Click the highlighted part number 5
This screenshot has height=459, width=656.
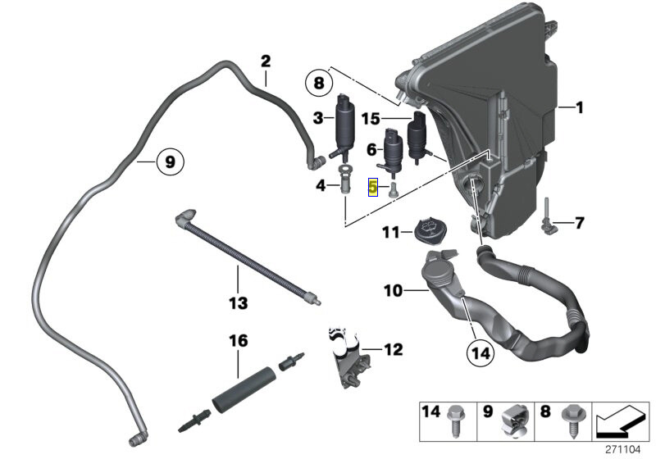[x=374, y=188]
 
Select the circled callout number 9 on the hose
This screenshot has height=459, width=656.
[x=169, y=162]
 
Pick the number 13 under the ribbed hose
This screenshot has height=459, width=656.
[x=238, y=304]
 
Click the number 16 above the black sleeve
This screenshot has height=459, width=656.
[x=238, y=339]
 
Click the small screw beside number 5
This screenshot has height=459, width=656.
[x=391, y=189]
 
